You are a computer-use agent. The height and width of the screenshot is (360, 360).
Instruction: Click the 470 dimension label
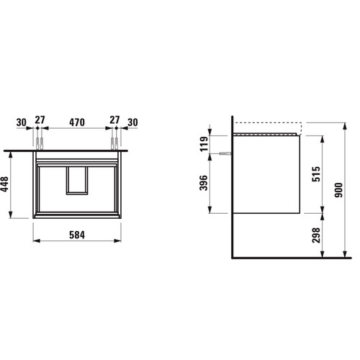coord(77,122)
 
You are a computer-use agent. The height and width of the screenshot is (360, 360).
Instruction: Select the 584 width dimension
coord(77,235)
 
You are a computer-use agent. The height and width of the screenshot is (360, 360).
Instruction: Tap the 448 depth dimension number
coord(4,184)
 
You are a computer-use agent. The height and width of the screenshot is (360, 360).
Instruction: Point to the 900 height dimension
coord(338,190)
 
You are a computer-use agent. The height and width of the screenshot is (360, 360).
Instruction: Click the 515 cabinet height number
coord(316,174)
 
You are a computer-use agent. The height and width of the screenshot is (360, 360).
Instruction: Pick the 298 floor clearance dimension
coord(316,235)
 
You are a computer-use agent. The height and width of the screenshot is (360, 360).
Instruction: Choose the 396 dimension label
coord(204,183)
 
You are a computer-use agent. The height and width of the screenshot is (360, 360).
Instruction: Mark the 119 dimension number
coord(204,144)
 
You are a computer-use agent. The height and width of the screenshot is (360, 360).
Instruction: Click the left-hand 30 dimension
coord(22,122)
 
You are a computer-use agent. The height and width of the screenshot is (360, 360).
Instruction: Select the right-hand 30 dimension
coord(132,122)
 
